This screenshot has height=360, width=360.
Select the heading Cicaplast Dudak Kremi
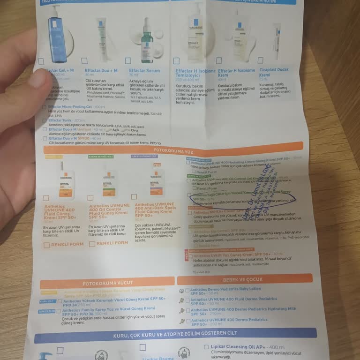[274, 73]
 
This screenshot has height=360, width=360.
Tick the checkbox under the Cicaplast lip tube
[261, 60]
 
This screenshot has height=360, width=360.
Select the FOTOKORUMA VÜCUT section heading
[107, 283]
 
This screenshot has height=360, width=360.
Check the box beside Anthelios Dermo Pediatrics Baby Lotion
[187, 290]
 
